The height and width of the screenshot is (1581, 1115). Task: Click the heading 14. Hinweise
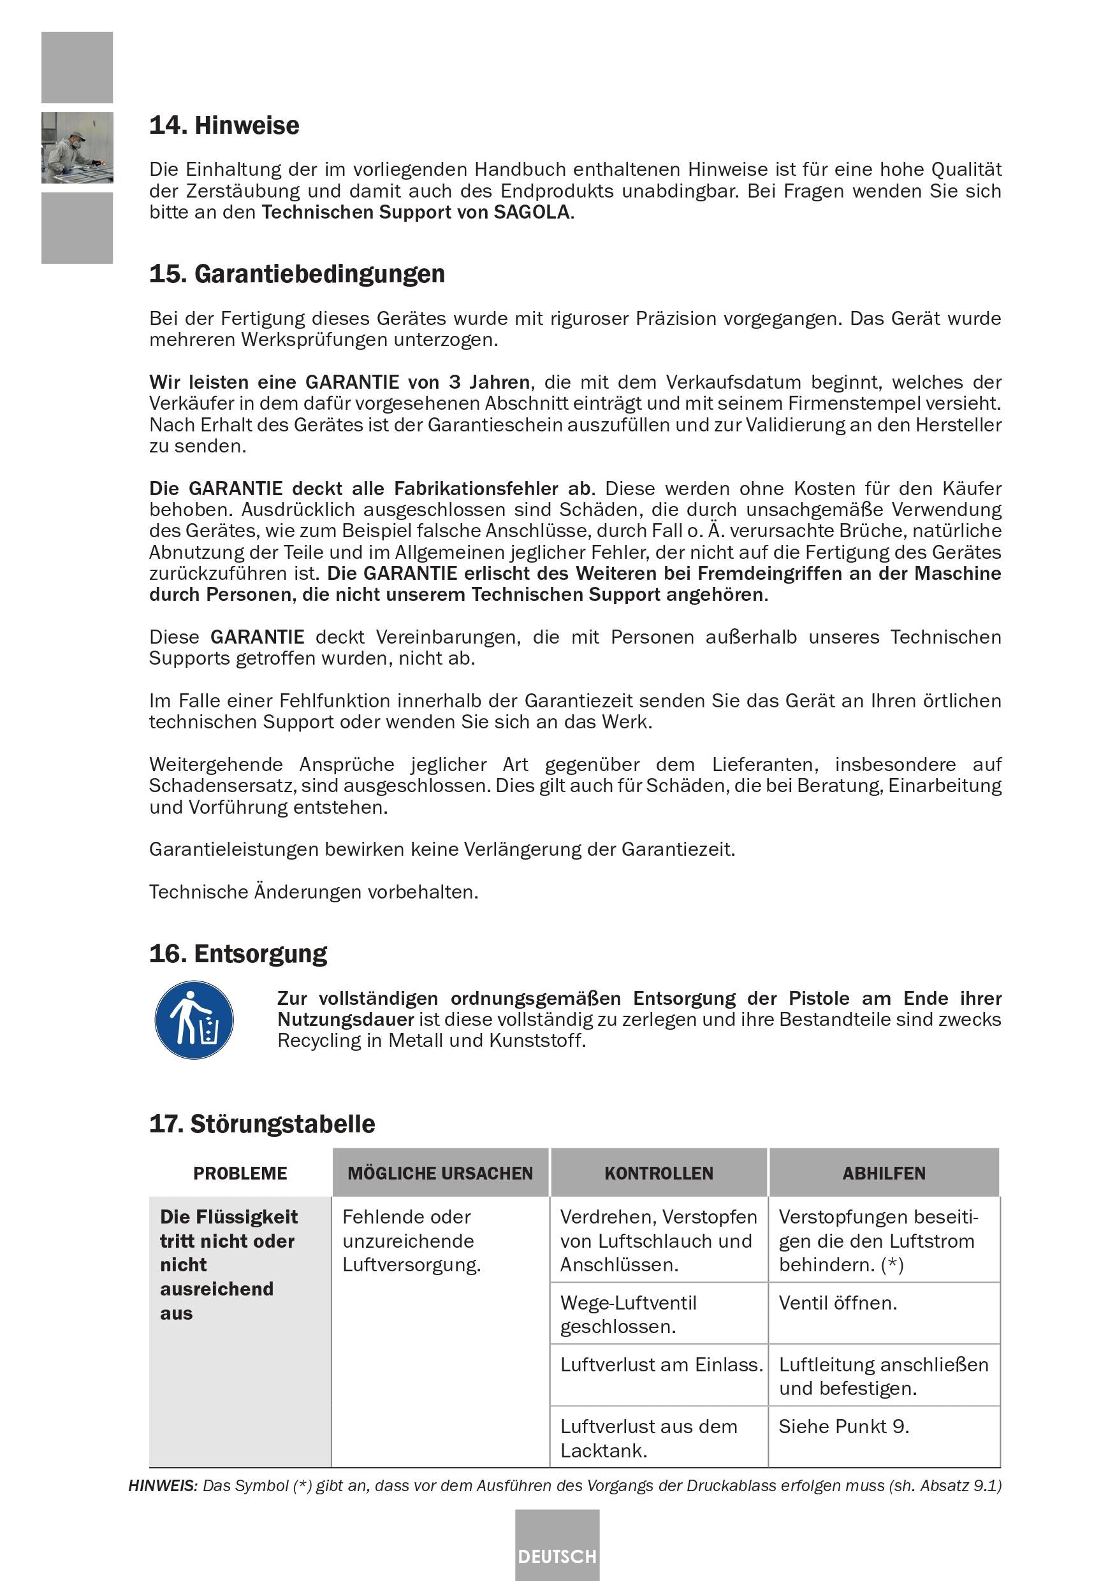coord(224,126)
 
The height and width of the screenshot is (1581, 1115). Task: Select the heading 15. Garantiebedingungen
coord(297,274)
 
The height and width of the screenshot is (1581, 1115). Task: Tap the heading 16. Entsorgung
coord(238,954)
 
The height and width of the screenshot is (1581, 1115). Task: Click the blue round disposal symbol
coord(194,1020)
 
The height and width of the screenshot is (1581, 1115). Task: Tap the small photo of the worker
coord(77,147)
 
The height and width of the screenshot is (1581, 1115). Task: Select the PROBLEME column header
coord(240,1173)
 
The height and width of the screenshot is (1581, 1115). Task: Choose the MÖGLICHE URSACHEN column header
coord(440,1173)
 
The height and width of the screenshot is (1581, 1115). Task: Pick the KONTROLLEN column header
coord(659,1173)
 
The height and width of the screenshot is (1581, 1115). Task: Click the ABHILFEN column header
coord(884,1173)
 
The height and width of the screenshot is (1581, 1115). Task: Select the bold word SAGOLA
coord(532,212)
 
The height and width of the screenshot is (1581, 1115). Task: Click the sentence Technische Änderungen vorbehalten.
coord(314,892)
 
